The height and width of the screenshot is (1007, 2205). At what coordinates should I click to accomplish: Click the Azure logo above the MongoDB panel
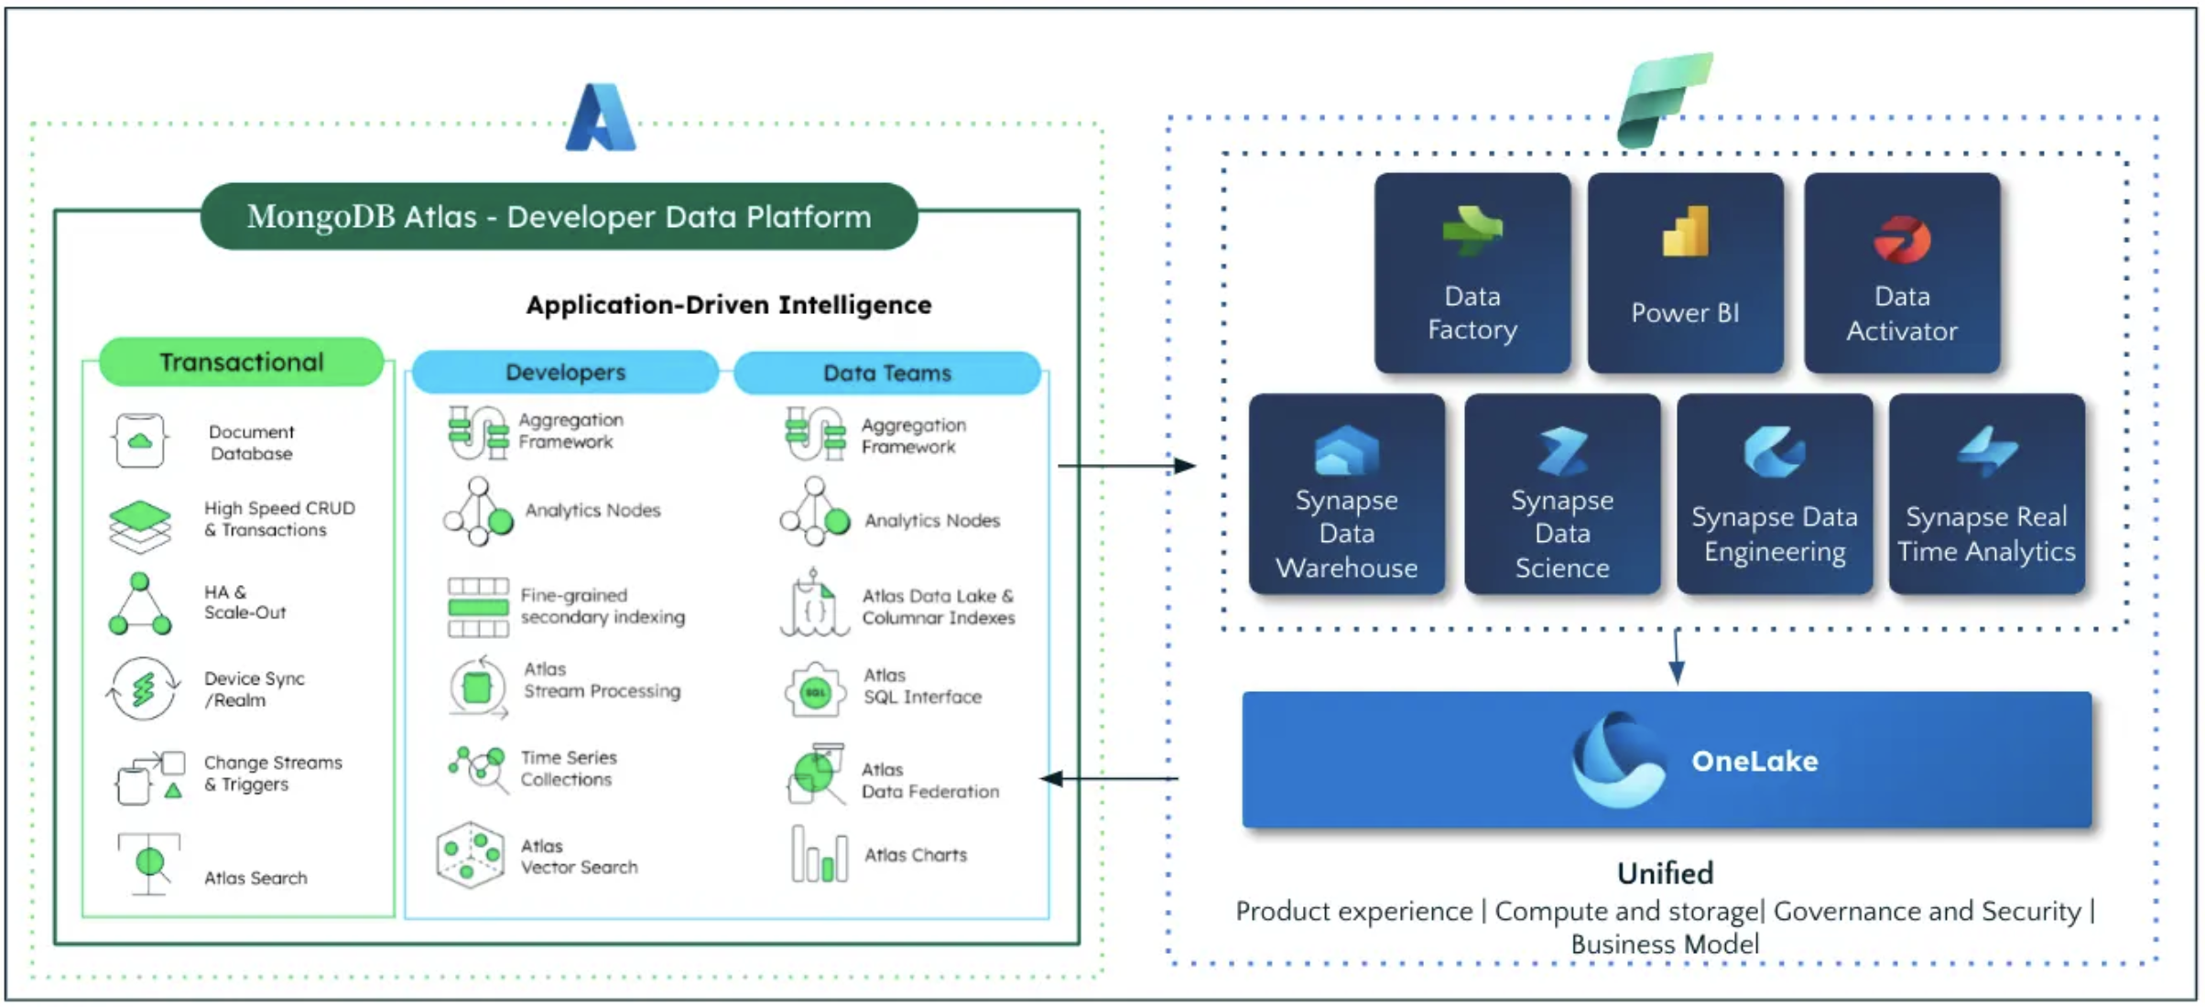pos(601,118)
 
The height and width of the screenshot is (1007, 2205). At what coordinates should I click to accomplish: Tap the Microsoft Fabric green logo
pos(1664,99)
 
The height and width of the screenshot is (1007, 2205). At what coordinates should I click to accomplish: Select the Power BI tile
pos(1685,273)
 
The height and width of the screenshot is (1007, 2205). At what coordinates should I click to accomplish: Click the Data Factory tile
pos(1472,273)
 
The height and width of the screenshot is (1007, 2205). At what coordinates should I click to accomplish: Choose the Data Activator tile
pos(1901,273)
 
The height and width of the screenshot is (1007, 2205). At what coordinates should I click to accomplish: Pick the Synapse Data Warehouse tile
pos(1346,494)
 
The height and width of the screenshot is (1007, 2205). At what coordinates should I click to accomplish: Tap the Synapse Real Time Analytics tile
pos(1986,494)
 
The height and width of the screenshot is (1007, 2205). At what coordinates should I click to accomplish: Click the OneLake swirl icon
pos(1618,760)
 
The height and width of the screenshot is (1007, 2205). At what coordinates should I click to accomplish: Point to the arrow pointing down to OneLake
pos(1677,657)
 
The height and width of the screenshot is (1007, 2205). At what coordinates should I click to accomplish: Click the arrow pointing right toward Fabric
pos(1126,466)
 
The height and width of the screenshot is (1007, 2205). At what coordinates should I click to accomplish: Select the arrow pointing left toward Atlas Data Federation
pos(1108,779)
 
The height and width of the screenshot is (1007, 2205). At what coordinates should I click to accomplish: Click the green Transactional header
pos(241,363)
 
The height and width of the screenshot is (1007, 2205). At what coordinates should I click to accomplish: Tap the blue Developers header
pos(565,373)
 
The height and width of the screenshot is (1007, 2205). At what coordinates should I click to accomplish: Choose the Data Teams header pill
pos(886,374)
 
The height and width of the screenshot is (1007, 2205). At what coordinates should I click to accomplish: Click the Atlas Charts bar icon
pos(819,854)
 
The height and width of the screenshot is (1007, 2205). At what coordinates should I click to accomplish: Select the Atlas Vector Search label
pos(579,857)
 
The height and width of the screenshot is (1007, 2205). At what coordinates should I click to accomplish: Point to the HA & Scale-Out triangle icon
pos(139,605)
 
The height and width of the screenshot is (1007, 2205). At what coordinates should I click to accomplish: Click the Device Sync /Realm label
pos(254,689)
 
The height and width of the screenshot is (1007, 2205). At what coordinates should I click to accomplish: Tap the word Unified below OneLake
pos(1664,873)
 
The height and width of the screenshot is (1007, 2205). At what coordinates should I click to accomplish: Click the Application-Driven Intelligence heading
pos(728,305)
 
